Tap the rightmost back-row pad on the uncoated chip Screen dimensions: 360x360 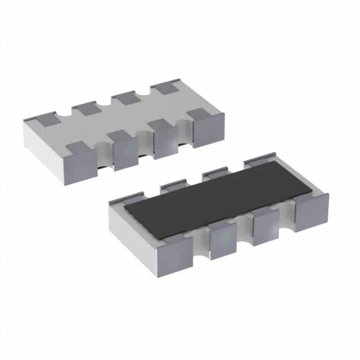pyautogui.click(x=164, y=88)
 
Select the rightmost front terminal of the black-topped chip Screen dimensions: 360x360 pyautogui.click(x=309, y=211)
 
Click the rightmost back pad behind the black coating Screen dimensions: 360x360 pyautogui.click(x=259, y=162)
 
